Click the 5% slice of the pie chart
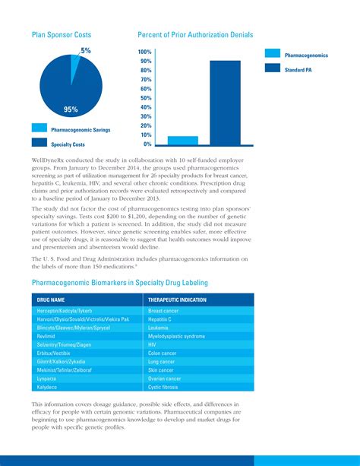click(75, 68)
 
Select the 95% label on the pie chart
click(71, 109)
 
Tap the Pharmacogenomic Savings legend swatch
click(39, 128)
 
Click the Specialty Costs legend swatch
click(39, 142)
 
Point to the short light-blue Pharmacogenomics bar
click(182, 140)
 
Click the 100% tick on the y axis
click(144, 52)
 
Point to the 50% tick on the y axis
click(146, 98)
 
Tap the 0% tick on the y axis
click(147, 144)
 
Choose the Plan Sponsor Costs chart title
click(62, 35)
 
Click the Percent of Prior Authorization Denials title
click(195, 35)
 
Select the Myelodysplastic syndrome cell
click(176, 336)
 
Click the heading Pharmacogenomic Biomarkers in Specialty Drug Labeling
click(119, 283)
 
